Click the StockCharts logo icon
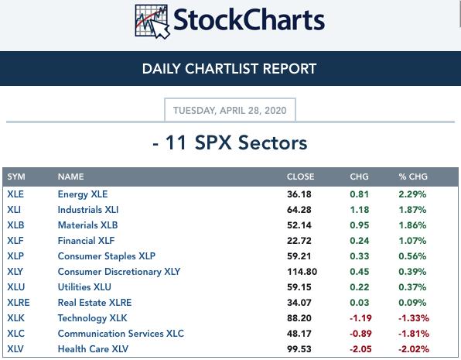(x=152, y=22)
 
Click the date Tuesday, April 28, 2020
(x=230, y=111)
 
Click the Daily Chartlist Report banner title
(x=229, y=69)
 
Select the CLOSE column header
(x=300, y=177)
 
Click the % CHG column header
(x=413, y=177)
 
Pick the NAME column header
(x=71, y=177)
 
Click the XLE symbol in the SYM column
(x=15, y=194)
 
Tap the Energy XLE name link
(x=83, y=194)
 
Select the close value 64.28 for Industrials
(x=299, y=210)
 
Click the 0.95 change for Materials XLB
(x=359, y=225)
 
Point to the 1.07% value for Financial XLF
(x=412, y=241)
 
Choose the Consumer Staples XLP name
(x=107, y=256)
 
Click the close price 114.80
(x=302, y=272)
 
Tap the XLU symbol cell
(x=16, y=287)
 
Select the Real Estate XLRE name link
(x=94, y=303)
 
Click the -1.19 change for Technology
(x=360, y=318)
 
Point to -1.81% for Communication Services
(x=413, y=334)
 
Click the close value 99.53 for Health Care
(x=299, y=349)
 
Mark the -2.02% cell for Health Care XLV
(x=413, y=349)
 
